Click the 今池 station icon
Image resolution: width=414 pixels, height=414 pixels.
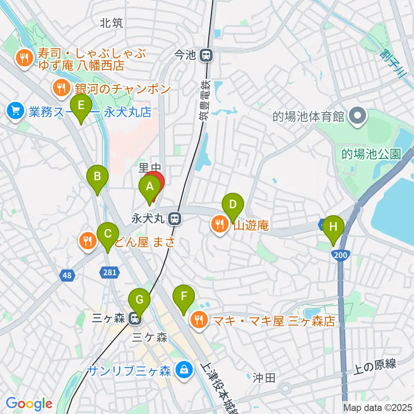click(207, 55)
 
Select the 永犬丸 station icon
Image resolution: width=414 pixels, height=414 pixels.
click(175, 219)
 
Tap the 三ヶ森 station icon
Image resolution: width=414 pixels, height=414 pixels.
click(135, 319)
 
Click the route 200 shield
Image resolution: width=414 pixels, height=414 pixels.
click(340, 256)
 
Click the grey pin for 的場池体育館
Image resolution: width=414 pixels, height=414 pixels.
click(358, 116)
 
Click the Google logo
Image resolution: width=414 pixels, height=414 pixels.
click(29, 404)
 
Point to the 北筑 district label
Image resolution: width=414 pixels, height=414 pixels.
click(111, 23)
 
